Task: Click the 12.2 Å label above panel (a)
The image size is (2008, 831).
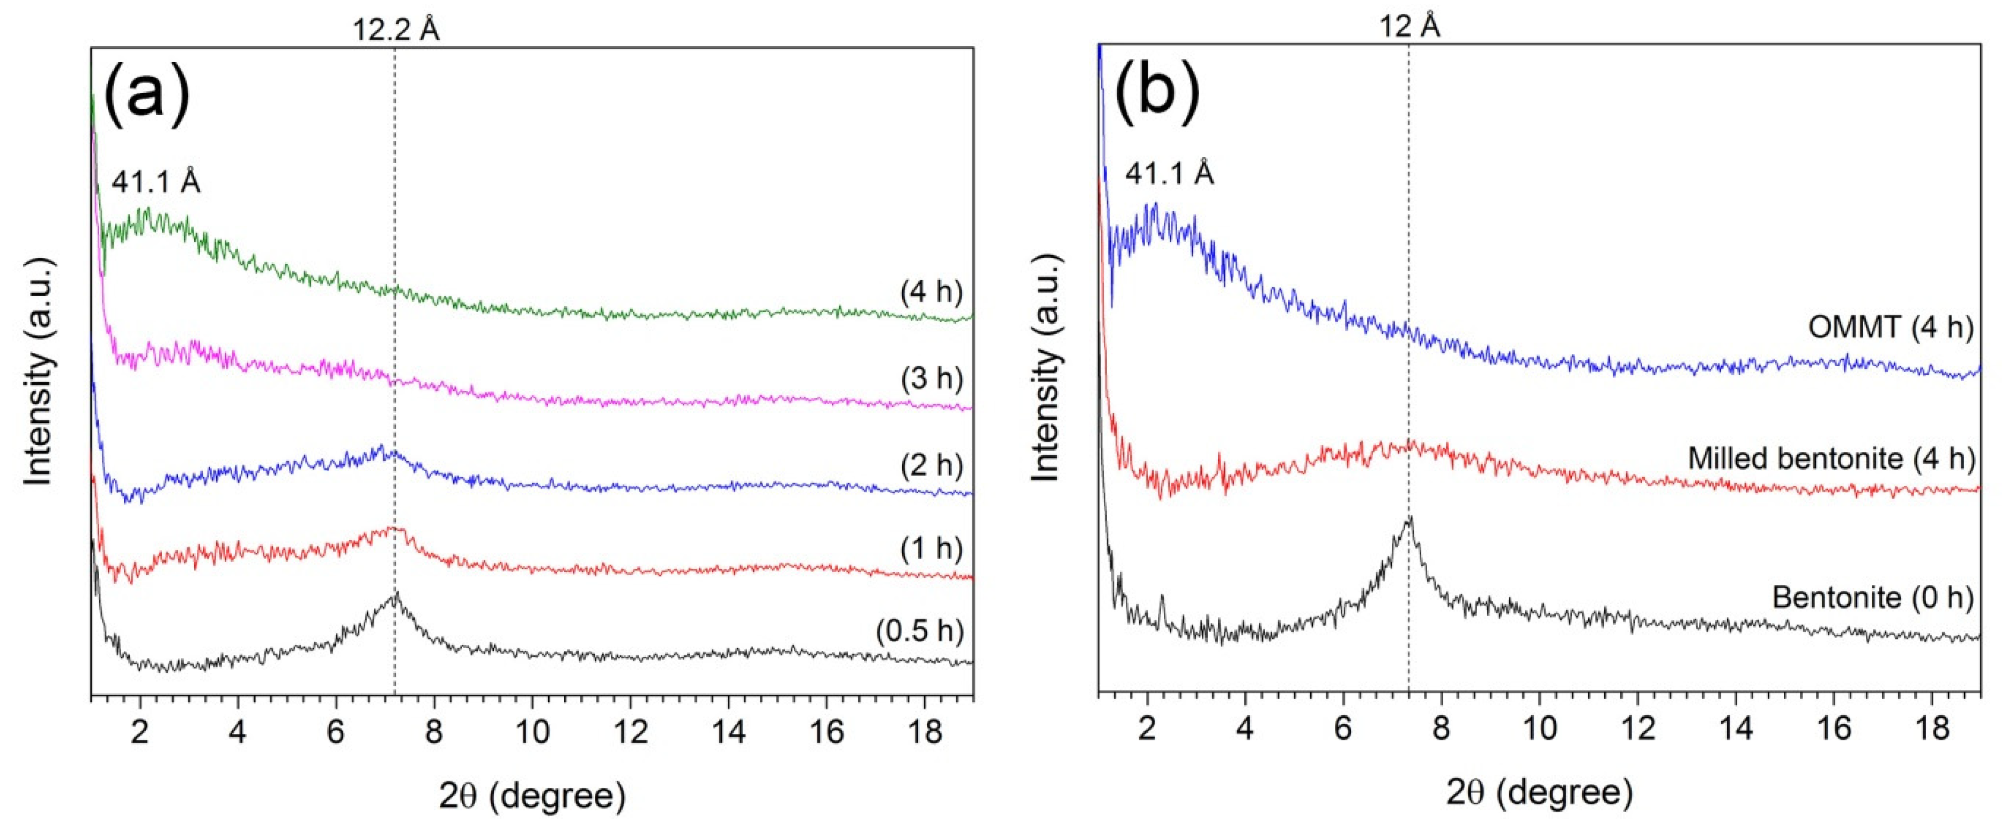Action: (395, 29)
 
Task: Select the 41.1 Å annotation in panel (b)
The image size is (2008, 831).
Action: (1169, 173)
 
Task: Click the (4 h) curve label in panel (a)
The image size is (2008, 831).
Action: (932, 292)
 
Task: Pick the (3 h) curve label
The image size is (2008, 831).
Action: (932, 379)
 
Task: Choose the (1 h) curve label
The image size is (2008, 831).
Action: (932, 550)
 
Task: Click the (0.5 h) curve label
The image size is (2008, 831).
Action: (920, 630)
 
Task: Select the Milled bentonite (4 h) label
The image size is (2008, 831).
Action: (1831, 458)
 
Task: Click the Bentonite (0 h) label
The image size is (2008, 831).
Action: (1872, 598)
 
